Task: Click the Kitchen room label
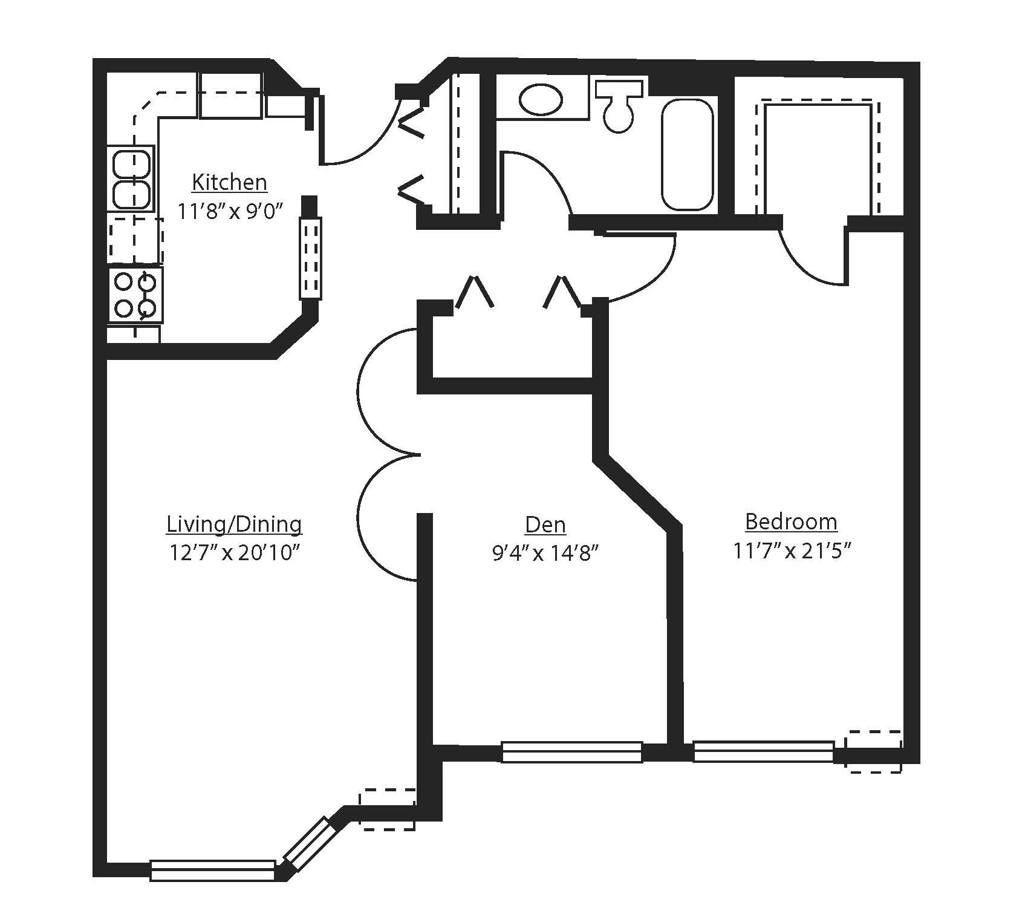[x=229, y=182]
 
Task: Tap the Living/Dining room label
[x=234, y=525]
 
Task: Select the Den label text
[x=545, y=525]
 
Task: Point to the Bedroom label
[x=791, y=521]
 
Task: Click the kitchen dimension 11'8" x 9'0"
[x=230, y=211]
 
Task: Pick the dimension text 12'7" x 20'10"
[x=235, y=553]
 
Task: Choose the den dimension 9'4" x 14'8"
[x=545, y=554]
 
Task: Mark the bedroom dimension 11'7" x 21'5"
[x=792, y=551]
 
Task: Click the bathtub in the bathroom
[x=687, y=154]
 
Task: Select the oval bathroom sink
[x=541, y=99]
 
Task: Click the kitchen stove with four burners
[x=135, y=295]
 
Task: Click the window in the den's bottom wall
[x=572, y=752]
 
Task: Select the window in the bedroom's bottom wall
[x=763, y=752]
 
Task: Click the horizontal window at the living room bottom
[x=213, y=870]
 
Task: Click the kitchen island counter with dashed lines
[x=311, y=258]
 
